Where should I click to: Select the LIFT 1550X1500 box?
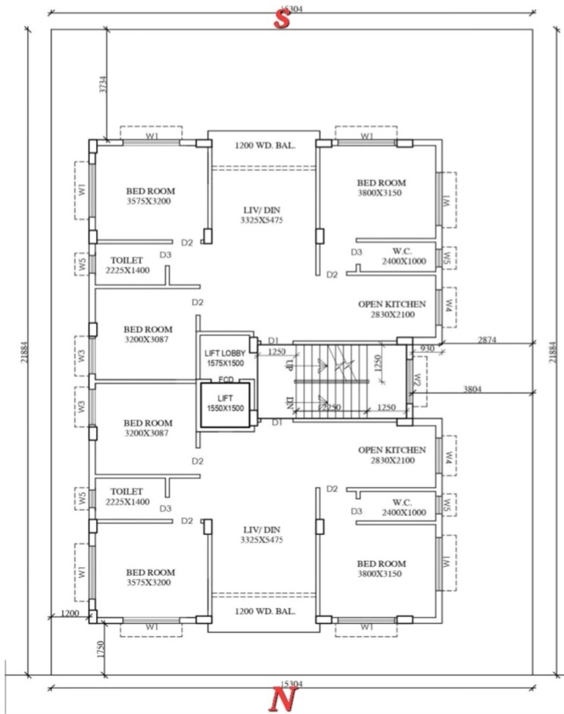224,403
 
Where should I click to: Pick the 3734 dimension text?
103,84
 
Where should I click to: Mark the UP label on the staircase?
288,365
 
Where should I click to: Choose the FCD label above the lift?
225,379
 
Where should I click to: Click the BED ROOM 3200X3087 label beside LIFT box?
148,428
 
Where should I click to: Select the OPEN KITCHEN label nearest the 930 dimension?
391,309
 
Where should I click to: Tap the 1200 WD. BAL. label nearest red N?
264,611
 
